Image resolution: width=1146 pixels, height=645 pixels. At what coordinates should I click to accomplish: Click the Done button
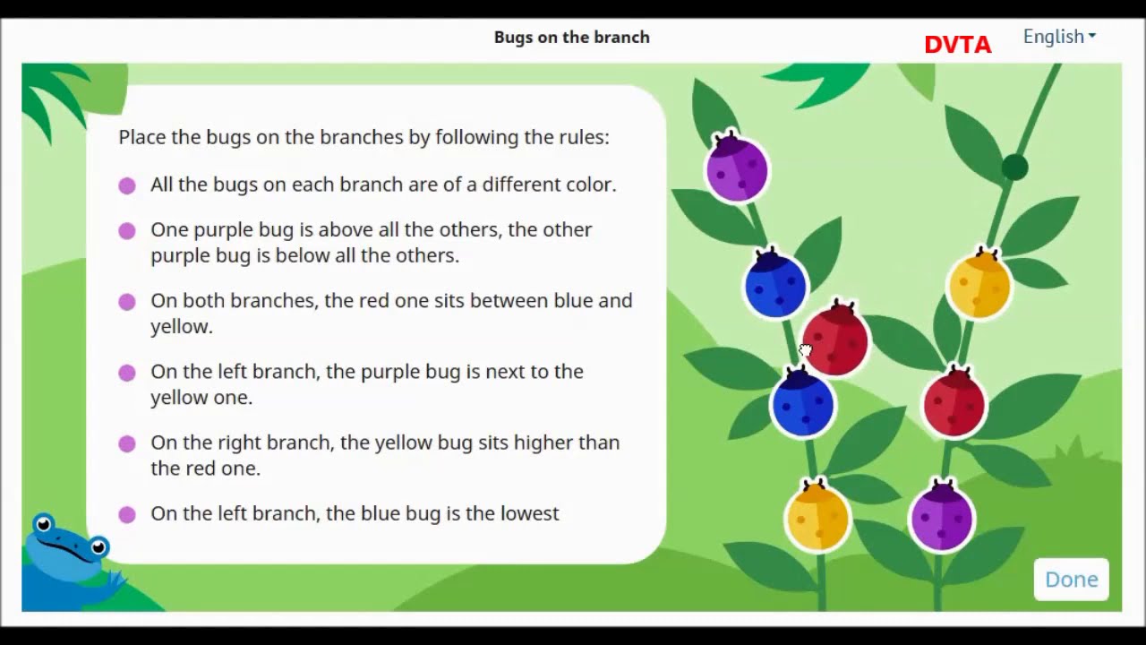pyautogui.click(x=1071, y=580)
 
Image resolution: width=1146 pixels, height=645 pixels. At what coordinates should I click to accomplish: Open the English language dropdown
pyautogui.click(x=1059, y=37)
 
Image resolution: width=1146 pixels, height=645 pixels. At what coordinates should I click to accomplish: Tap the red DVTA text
pyautogui.click(x=957, y=45)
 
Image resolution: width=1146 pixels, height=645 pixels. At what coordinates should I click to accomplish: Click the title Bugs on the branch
pyautogui.click(x=571, y=37)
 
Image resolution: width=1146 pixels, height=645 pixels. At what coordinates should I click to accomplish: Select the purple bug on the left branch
pyautogui.click(x=737, y=168)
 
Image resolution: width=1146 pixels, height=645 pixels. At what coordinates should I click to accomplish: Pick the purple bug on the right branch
pyautogui.click(x=941, y=517)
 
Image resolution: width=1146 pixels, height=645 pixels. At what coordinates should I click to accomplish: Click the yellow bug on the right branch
pyautogui.click(x=979, y=285)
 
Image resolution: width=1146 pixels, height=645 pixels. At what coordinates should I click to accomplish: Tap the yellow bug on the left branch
pyautogui.click(x=817, y=517)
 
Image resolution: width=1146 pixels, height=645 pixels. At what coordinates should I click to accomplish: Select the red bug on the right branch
pyautogui.click(x=954, y=404)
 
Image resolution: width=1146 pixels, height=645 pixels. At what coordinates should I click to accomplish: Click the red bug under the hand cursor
pyautogui.click(x=836, y=340)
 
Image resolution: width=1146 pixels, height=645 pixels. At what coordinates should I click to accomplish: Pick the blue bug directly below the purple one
pyautogui.click(x=775, y=285)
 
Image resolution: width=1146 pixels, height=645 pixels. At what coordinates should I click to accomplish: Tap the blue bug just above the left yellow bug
pyautogui.click(x=803, y=404)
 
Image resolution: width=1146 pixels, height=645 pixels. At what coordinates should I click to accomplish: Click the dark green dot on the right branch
pyautogui.click(x=1014, y=168)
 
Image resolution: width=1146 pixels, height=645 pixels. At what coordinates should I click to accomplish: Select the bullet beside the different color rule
pyautogui.click(x=127, y=185)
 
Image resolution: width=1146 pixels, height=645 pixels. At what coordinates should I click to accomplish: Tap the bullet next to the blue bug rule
pyautogui.click(x=127, y=514)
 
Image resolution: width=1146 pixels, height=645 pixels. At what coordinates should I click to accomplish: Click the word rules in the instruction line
pyautogui.click(x=583, y=137)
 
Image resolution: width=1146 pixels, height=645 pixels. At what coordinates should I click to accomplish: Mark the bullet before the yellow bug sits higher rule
pyautogui.click(x=127, y=443)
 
